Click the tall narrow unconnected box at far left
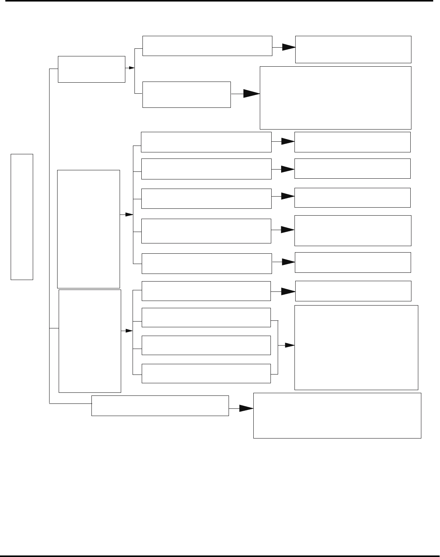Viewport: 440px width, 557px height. [22, 216]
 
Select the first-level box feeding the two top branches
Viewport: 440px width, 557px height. [91, 69]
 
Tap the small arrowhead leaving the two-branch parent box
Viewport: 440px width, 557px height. [131, 68]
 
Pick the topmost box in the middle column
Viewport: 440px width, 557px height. [207, 46]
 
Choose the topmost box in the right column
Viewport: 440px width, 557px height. [353, 49]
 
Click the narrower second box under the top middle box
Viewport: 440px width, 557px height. [186, 94]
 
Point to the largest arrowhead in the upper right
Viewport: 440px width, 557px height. [251, 94]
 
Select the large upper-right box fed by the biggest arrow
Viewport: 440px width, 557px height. [335, 98]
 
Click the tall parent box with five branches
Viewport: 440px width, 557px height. [88, 229]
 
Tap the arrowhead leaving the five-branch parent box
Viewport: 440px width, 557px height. [129, 215]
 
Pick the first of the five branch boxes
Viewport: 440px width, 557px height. [206, 142]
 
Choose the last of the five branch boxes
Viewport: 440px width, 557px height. [206, 263]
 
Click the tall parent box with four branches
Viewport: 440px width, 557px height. [90, 341]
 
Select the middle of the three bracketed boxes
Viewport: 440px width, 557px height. [206, 345]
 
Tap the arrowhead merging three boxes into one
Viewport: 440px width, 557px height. [290, 346]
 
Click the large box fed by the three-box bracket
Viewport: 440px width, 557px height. [356, 347]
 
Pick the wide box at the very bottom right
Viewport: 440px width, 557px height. [337, 416]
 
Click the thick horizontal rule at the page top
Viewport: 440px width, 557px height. [220, 1]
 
